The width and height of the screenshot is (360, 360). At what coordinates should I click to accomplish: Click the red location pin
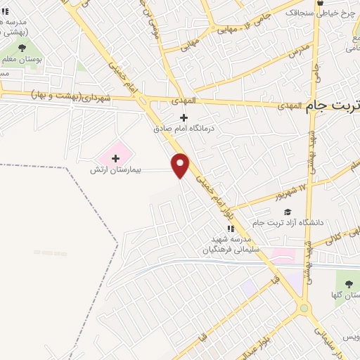[181, 165]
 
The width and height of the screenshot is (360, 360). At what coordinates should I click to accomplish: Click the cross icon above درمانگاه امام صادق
[184, 117]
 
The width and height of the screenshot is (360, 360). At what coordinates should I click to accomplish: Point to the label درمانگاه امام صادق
[184, 129]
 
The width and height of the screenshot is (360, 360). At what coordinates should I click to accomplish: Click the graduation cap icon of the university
[286, 212]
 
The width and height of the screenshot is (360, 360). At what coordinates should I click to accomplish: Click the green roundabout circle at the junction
[303, 307]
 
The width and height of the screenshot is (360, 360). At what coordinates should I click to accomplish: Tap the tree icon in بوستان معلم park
[22, 49]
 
